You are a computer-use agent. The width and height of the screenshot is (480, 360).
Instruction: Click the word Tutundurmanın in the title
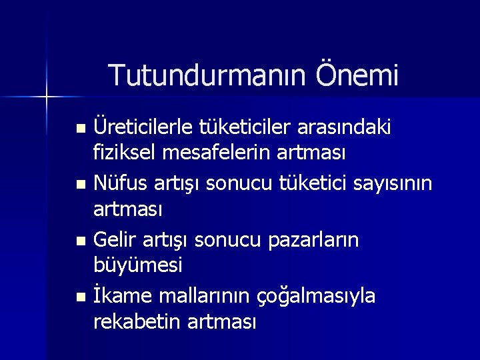(198, 75)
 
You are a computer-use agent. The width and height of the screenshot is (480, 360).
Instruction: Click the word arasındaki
(354, 126)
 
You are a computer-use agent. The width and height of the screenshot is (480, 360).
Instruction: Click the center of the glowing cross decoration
(47, 97)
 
